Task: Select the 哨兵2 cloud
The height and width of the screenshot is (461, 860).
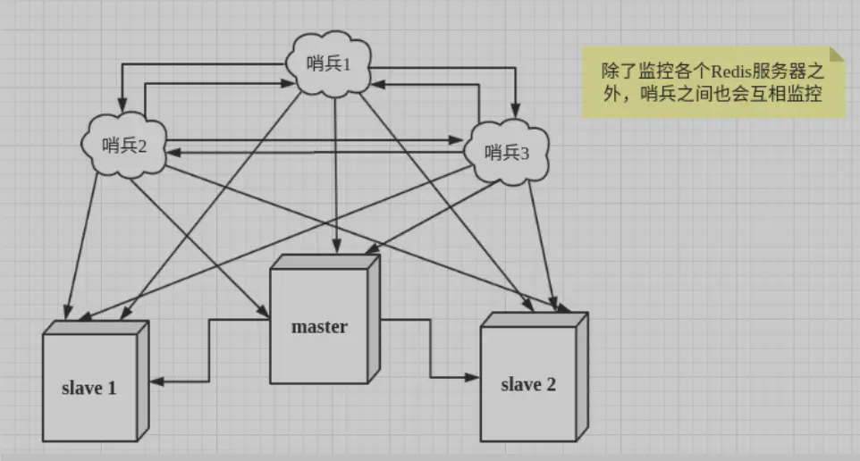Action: click(125, 145)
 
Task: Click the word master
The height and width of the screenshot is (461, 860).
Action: click(319, 327)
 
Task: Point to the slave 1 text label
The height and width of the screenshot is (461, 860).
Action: click(89, 388)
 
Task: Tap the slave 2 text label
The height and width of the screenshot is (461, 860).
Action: click(528, 385)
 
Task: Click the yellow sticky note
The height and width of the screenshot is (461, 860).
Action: click(712, 82)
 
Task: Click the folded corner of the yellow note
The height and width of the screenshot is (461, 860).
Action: click(836, 54)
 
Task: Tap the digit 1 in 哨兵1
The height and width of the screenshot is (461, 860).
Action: click(350, 65)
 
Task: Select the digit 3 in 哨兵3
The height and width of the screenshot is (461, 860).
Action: click(526, 152)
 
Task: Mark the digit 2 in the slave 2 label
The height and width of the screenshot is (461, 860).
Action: click(551, 385)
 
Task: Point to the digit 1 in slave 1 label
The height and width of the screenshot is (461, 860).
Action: click(112, 388)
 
